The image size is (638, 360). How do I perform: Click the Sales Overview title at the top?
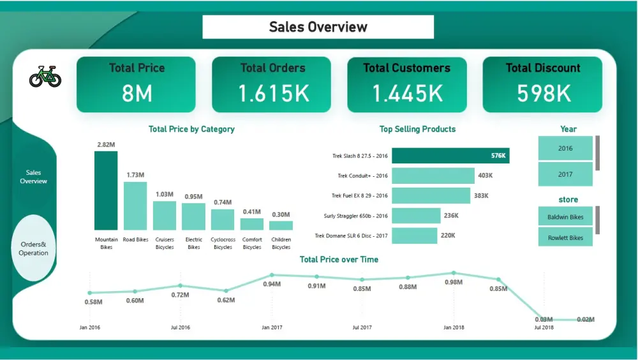[318, 27]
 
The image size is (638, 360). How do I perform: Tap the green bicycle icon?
[45, 77]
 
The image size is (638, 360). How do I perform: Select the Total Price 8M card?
[136, 84]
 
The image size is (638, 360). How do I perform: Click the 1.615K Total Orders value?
[274, 94]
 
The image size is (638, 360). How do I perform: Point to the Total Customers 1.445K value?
[407, 94]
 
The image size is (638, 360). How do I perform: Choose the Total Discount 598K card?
[542, 84]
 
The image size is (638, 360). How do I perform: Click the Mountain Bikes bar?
[106, 190]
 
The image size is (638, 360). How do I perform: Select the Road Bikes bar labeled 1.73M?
[135, 206]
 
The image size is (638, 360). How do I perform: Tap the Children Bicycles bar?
[281, 225]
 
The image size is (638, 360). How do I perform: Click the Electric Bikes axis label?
[193, 243]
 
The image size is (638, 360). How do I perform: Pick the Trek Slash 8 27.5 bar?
[450, 156]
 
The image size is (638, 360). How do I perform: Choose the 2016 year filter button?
[565, 148]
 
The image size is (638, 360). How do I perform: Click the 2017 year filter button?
[565, 174]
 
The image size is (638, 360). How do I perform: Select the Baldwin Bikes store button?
[565, 217]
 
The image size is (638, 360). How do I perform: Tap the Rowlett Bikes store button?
[565, 237]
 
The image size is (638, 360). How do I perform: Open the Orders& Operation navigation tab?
[34, 248]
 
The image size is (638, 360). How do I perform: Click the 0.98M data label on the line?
[454, 283]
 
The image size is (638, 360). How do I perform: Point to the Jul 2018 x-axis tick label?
[544, 327]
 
